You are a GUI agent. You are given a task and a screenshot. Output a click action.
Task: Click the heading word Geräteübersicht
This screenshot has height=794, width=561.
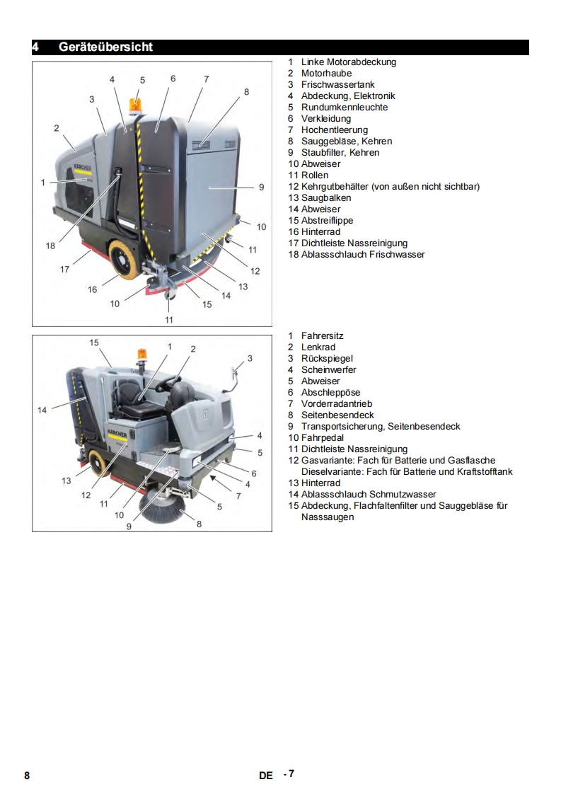(x=105, y=47)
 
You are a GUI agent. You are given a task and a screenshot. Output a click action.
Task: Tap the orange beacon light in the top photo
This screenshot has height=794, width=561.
(x=135, y=106)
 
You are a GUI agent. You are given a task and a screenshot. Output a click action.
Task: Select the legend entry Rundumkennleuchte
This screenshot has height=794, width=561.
(x=345, y=108)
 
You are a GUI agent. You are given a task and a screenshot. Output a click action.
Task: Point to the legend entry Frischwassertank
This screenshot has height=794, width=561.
(x=337, y=84)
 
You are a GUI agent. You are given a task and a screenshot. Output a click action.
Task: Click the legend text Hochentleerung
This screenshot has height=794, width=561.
(x=334, y=130)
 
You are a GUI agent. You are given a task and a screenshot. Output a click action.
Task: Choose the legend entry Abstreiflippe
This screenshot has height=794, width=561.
(x=327, y=221)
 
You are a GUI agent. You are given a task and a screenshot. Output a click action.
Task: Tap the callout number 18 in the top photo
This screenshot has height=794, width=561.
(x=50, y=246)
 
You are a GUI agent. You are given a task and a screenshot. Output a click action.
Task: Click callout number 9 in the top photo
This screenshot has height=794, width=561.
(x=261, y=188)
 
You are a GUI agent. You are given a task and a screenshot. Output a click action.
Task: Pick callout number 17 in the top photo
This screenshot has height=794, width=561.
(x=64, y=270)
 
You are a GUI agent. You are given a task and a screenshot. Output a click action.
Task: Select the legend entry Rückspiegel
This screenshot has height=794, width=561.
(x=327, y=359)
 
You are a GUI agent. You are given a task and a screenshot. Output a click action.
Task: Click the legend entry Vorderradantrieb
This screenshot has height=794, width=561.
(x=337, y=404)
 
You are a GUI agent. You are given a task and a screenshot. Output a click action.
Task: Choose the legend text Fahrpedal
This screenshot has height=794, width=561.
(x=323, y=438)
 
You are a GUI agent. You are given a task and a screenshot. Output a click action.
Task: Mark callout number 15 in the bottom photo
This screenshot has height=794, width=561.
(x=94, y=343)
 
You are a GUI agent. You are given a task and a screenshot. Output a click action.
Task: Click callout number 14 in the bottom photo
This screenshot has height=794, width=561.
(x=42, y=410)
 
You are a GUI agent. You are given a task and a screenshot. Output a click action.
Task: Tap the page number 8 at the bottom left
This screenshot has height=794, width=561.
(x=27, y=776)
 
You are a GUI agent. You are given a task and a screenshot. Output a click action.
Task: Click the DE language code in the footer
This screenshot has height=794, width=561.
(x=266, y=776)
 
